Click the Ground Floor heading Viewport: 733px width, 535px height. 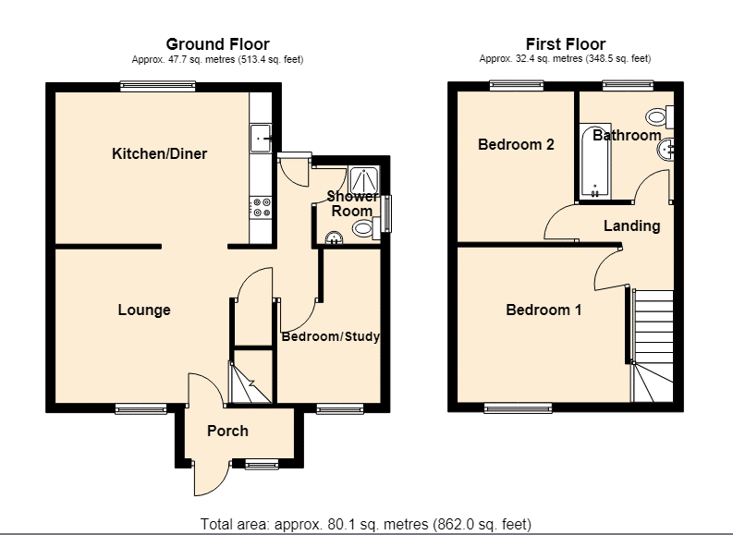218,44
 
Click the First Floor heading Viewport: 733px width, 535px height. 566,44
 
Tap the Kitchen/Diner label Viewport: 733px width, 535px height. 159,153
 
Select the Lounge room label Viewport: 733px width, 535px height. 144,310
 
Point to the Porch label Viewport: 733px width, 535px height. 227,431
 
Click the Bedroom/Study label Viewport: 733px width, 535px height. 331,336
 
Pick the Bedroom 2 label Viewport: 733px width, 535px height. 516,144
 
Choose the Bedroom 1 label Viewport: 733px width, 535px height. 544,310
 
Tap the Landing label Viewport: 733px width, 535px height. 631,226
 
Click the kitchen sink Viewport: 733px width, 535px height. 261,139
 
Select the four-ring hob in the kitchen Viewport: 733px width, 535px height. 261,208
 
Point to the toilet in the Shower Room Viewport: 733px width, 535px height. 366,229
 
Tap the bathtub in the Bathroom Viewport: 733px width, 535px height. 595,161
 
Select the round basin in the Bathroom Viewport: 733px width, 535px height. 665,150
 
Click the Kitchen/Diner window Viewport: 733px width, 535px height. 157,85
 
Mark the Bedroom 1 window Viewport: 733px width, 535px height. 518,408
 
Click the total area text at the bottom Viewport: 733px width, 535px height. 366,524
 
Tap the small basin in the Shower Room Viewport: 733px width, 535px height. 334,237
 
